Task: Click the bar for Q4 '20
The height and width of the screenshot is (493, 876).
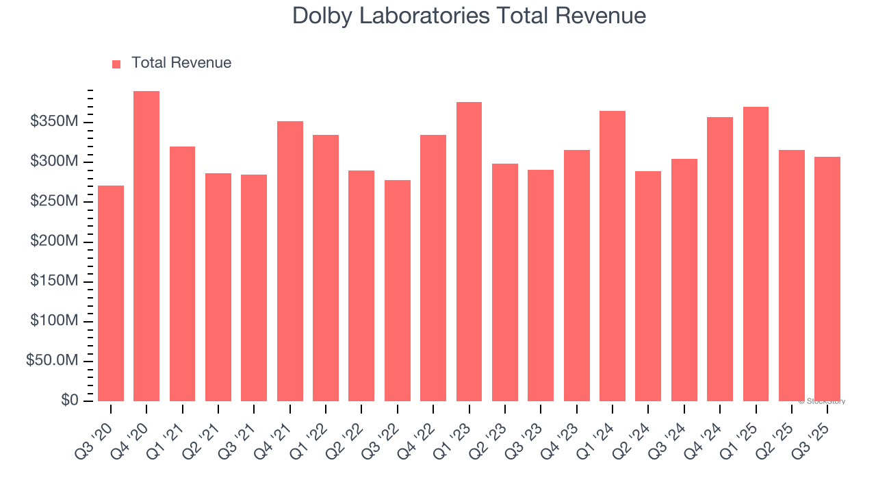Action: (x=146, y=246)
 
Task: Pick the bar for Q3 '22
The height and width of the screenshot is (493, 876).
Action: (x=397, y=290)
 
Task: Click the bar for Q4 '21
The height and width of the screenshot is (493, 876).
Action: (x=289, y=261)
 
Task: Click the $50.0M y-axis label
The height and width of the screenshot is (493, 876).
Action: (x=52, y=361)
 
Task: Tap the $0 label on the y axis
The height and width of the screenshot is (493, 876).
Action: (x=69, y=401)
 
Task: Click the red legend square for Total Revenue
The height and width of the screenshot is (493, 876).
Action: (x=116, y=64)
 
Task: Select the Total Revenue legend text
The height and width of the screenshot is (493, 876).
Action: (x=181, y=63)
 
